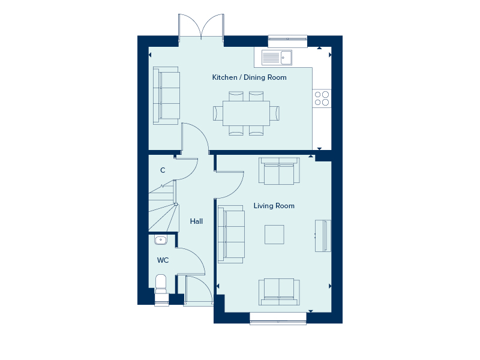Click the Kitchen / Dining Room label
249,77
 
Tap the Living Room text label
274,206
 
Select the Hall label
196,221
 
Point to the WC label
163,260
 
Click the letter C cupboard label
163,170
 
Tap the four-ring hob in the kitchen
322,98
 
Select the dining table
246,113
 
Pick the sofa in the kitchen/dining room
166,96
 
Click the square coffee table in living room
274,234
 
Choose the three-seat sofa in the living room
232,234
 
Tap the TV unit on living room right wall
323,235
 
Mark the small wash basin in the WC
161,241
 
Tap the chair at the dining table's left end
217,113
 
